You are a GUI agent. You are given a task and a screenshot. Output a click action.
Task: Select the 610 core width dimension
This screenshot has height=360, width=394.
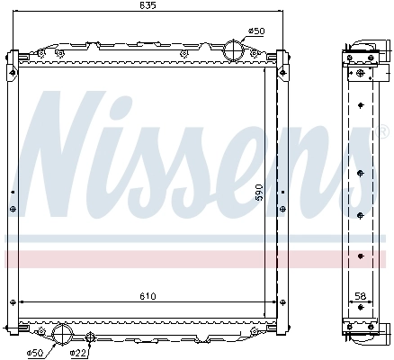(148, 296)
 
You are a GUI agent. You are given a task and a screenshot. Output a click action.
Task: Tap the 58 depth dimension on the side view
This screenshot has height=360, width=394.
(361, 296)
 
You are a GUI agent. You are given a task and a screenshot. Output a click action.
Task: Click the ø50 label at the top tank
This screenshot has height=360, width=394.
(257, 31)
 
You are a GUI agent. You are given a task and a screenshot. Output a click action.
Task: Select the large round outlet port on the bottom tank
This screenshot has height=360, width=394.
(65, 335)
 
